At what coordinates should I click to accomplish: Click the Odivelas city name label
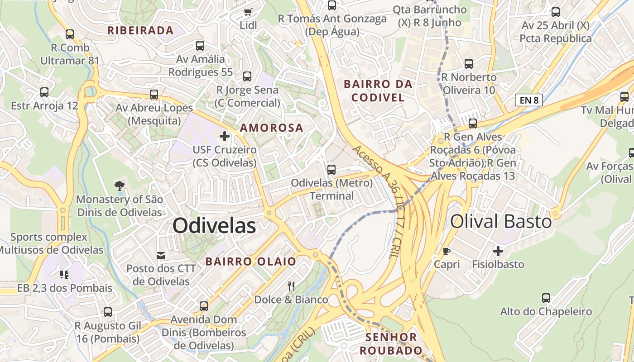point(214,225)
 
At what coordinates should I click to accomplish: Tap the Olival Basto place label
point(501,221)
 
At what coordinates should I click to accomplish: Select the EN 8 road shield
point(529,100)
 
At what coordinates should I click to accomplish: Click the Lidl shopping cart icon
point(248,12)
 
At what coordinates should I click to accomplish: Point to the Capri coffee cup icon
point(447,251)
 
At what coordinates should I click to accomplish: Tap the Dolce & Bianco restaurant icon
point(291,286)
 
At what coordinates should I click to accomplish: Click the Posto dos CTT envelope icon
point(161,256)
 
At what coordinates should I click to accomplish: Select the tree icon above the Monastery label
point(119,186)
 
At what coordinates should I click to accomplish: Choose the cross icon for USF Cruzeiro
point(225,136)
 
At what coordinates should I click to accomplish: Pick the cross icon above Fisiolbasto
point(498,251)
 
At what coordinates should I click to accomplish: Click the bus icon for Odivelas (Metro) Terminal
point(331,170)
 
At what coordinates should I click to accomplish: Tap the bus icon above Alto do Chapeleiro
point(546,298)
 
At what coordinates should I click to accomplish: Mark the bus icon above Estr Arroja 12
point(44,92)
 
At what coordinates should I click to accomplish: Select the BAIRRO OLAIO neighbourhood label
point(250,261)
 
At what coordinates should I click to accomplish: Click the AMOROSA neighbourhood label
point(272,128)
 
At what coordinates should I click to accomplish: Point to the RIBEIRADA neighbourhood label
point(140,30)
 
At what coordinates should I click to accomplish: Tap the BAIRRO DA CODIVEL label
point(378,90)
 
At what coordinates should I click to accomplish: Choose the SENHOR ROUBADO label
point(391,343)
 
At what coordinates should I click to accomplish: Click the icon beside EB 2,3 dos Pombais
point(64,274)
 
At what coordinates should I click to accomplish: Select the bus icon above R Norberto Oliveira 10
point(469,64)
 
